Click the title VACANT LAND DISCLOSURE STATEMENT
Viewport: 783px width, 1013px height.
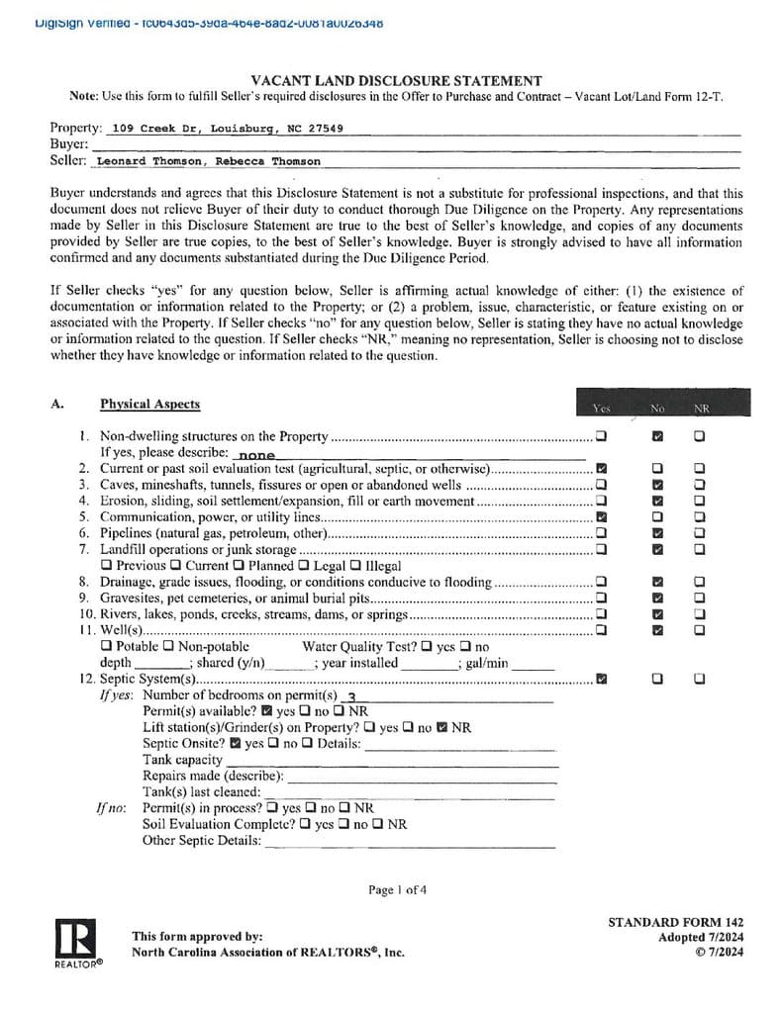click(396, 81)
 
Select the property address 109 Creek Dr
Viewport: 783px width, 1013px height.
click(228, 128)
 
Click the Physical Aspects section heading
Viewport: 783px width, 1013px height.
click(149, 404)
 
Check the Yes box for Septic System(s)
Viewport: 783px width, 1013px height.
click(602, 679)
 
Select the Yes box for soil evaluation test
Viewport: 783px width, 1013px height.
click(602, 468)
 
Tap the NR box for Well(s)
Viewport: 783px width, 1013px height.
click(700, 629)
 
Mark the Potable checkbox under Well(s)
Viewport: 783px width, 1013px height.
click(107, 646)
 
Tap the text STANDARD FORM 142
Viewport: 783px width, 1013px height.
click(676, 922)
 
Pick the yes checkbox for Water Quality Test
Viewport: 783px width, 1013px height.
click(426, 646)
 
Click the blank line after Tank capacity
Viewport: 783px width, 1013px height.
click(392, 760)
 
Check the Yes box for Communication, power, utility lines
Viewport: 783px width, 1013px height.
click(602, 516)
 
